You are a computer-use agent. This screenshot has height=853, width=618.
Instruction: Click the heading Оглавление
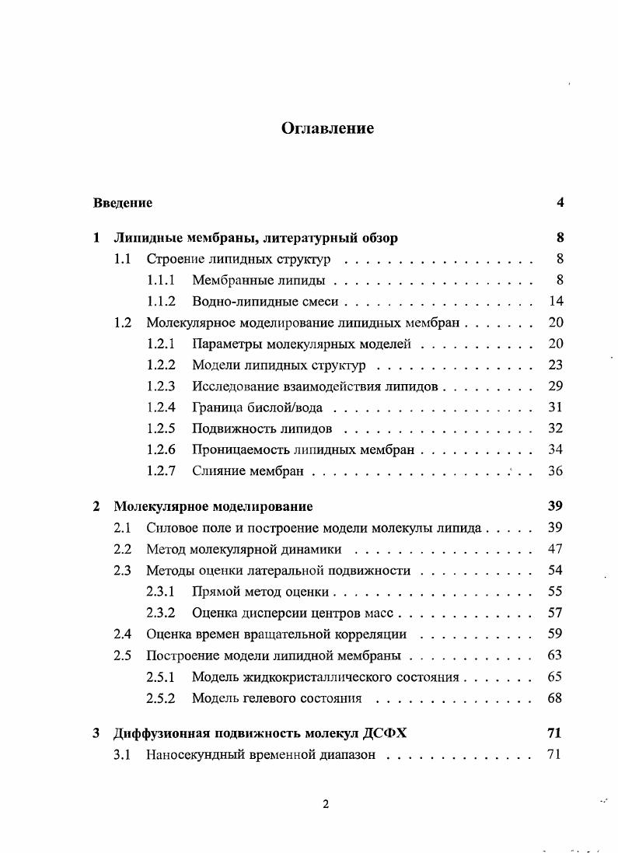click(327, 128)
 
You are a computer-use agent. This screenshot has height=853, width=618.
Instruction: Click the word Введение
click(123, 203)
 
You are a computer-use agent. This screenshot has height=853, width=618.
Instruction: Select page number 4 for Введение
click(560, 203)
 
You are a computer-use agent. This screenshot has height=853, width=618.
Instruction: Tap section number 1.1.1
click(161, 281)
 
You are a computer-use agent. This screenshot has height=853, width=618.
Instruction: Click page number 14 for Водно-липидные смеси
click(556, 302)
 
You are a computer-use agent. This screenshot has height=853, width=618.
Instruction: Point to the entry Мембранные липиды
click(258, 281)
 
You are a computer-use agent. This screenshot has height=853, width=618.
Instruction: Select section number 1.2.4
click(161, 407)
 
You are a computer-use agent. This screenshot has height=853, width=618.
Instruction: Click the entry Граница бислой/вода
click(257, 407)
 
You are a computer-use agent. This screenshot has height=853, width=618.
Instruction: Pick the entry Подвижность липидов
click(262, 428)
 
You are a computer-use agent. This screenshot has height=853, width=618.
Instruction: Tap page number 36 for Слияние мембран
click(556, 470)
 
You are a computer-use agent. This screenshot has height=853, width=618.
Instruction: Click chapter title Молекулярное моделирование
click(213, 506)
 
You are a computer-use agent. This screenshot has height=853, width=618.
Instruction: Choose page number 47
click(556, 549)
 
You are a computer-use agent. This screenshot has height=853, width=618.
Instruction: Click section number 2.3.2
click(161, 613)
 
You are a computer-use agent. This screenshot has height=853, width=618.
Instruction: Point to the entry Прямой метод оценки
click(260, 592)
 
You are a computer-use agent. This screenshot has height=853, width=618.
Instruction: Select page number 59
click(556, 634)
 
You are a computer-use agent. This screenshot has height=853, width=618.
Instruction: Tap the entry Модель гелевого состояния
click(277, 697)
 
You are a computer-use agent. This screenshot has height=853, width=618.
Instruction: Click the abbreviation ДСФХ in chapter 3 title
click(382, 732)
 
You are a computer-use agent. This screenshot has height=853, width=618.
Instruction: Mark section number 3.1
click(122, 753)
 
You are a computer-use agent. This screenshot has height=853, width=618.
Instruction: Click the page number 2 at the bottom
click(326, 805)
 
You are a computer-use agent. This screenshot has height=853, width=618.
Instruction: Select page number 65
click(556, 676)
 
